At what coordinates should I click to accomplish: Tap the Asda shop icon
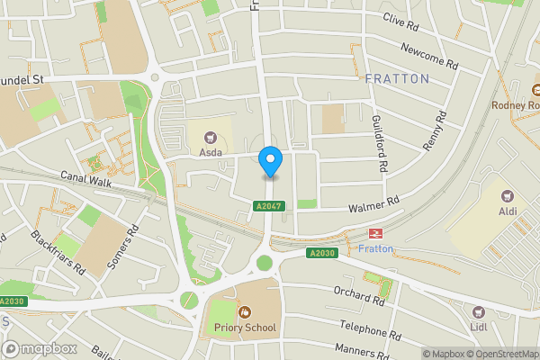[211, 138]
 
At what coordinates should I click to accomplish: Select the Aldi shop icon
[506, 196]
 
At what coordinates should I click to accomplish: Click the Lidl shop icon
[479, 312]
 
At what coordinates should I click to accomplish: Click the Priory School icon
[244, 311]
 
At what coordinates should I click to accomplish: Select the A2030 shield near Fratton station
[320, 253]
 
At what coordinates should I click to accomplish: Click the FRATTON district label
[397, 79]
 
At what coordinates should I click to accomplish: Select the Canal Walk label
[85, 182]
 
